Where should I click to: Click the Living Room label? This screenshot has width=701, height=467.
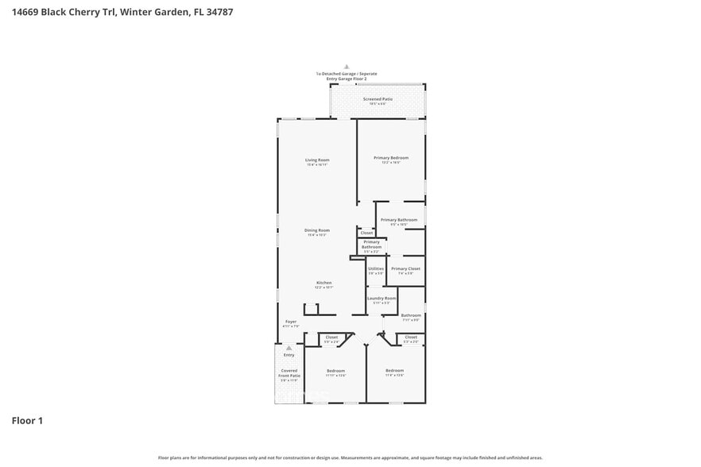(317, 160)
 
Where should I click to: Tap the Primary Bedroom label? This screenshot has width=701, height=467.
(391, 157)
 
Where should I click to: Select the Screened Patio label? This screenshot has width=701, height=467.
(378, 98)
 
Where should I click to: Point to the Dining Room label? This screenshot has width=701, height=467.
(317, 230)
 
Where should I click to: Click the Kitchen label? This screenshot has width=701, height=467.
(323, 283)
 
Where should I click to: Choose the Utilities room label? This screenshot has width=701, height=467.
(376, 268)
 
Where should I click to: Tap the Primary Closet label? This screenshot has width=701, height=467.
(405, 268)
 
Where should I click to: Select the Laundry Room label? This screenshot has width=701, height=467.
(381, 298)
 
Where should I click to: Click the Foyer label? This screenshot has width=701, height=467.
(291, 322)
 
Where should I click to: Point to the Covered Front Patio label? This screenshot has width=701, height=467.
(290, 372)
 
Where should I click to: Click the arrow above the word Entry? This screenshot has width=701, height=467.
(289, 348)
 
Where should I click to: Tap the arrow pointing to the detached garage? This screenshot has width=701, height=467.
(346, 68)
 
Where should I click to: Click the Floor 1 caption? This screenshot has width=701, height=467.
(27, 420)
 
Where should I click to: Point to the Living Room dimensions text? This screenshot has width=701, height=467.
(317, 164)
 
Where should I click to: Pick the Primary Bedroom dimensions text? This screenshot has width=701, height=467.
(391, 162)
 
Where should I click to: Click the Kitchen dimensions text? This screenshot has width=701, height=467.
(323, 288)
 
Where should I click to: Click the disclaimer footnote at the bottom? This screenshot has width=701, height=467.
(350, 458)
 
